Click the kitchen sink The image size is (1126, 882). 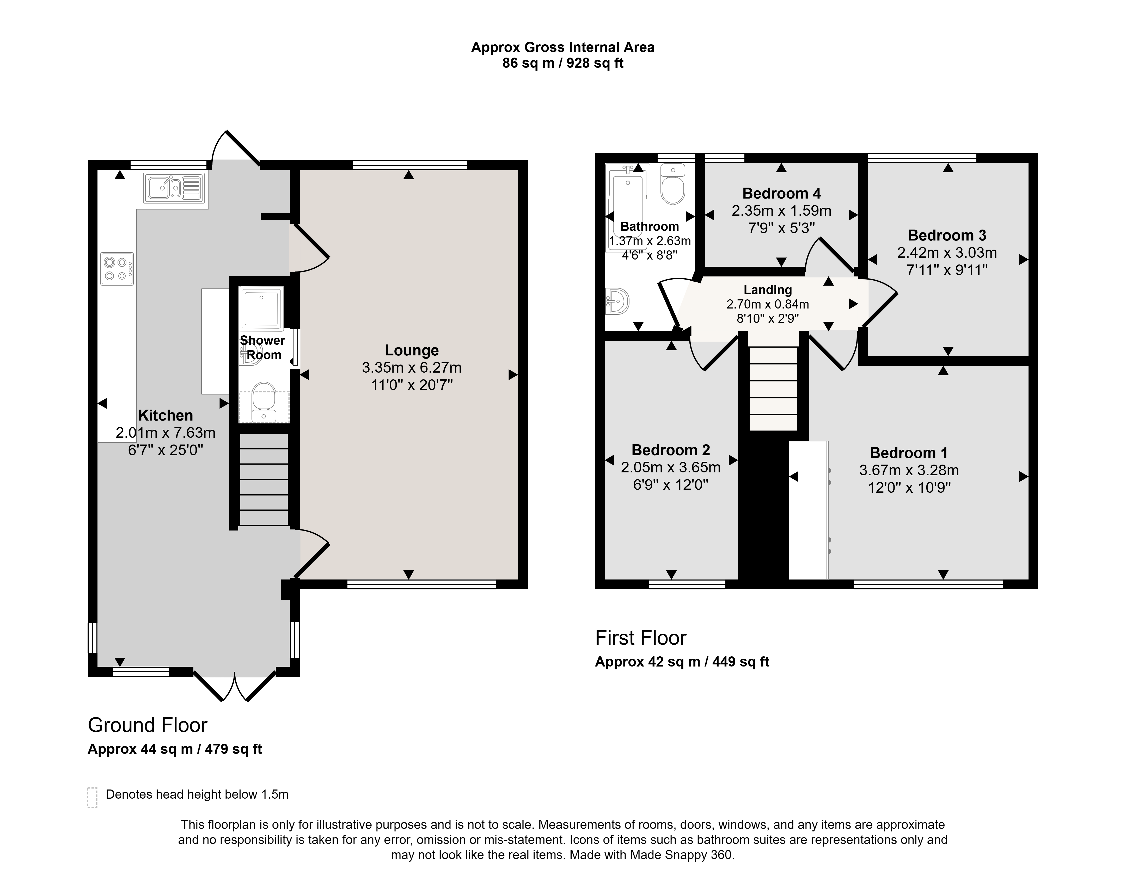click(175, 187)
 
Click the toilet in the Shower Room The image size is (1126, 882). click(264, 402)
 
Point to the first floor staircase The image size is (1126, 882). click(773, 388)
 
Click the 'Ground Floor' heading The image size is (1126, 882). click(148, 725)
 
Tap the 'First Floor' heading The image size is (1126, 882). click(640, 638)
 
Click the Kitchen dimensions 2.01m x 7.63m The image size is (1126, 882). click(165, 433)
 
